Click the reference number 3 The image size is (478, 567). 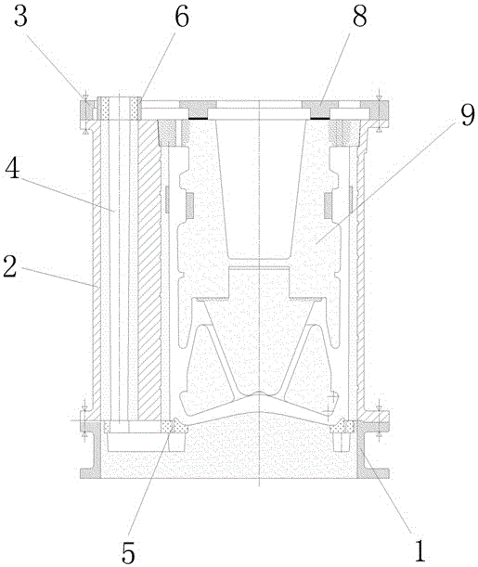[x=20, y=18]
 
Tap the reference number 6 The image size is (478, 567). [x=182, y=18]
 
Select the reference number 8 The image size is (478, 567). [x=359, y=18]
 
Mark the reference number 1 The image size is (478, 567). [x=420, y=552]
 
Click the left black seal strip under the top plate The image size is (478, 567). [x=198, y=118]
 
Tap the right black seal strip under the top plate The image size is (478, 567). [x=320, y=118]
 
